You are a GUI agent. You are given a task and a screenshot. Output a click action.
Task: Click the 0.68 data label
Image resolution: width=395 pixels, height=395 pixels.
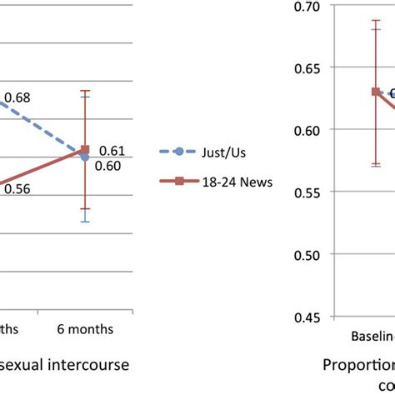click(17, 98)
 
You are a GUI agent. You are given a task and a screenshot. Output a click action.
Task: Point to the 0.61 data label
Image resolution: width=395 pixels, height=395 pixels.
click(112, 150)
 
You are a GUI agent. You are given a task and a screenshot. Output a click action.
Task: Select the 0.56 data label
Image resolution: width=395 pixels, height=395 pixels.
click(17, 188)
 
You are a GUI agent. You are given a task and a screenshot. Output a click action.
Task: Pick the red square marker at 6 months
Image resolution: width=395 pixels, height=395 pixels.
click(85, 150)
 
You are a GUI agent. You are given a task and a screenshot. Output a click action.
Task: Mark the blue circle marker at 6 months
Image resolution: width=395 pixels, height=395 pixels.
click(85, 156)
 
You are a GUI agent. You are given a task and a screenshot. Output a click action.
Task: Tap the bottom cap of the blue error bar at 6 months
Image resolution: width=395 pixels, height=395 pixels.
click(85, 222)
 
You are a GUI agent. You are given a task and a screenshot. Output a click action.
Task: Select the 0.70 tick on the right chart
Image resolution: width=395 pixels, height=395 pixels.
click(308, 7)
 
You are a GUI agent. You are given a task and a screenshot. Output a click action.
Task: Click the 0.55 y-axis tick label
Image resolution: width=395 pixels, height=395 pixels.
click(308, 192)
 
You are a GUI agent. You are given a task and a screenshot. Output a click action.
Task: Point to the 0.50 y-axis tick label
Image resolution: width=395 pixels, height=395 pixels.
click(308, 254)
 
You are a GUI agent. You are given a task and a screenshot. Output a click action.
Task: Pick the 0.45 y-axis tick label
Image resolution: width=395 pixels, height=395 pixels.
click(308, 317)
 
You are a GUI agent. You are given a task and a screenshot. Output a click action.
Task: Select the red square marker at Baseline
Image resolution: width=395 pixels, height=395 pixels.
click(376, 92)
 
